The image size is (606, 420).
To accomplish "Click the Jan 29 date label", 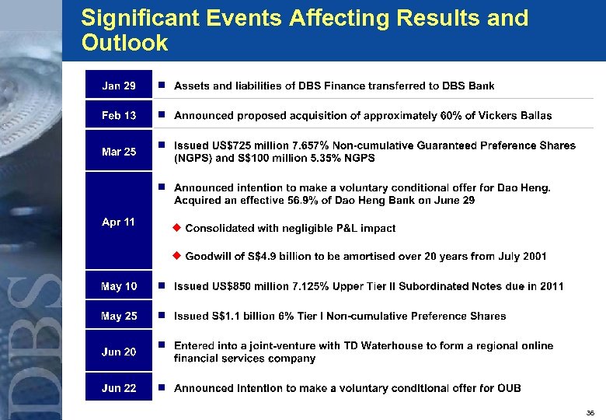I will tap(119, 86).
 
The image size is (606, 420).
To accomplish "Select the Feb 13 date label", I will tap(119, 115).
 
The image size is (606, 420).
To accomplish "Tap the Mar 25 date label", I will tap(119, 152).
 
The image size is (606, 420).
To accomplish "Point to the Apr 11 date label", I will tap(119, 222).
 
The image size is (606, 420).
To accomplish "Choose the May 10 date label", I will tap(119, 286).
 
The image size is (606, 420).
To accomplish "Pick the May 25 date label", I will tap(119, 316).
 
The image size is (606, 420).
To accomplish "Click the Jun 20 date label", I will tap(119, 352).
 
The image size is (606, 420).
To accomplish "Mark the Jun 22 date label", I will tap(119, 388).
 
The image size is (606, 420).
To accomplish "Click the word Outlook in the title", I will tap(124, 43).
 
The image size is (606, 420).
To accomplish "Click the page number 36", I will tap(590, 412).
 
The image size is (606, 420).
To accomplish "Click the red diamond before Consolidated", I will tap(176, 228).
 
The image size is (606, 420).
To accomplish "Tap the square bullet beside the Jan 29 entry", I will tap(161, 86).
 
